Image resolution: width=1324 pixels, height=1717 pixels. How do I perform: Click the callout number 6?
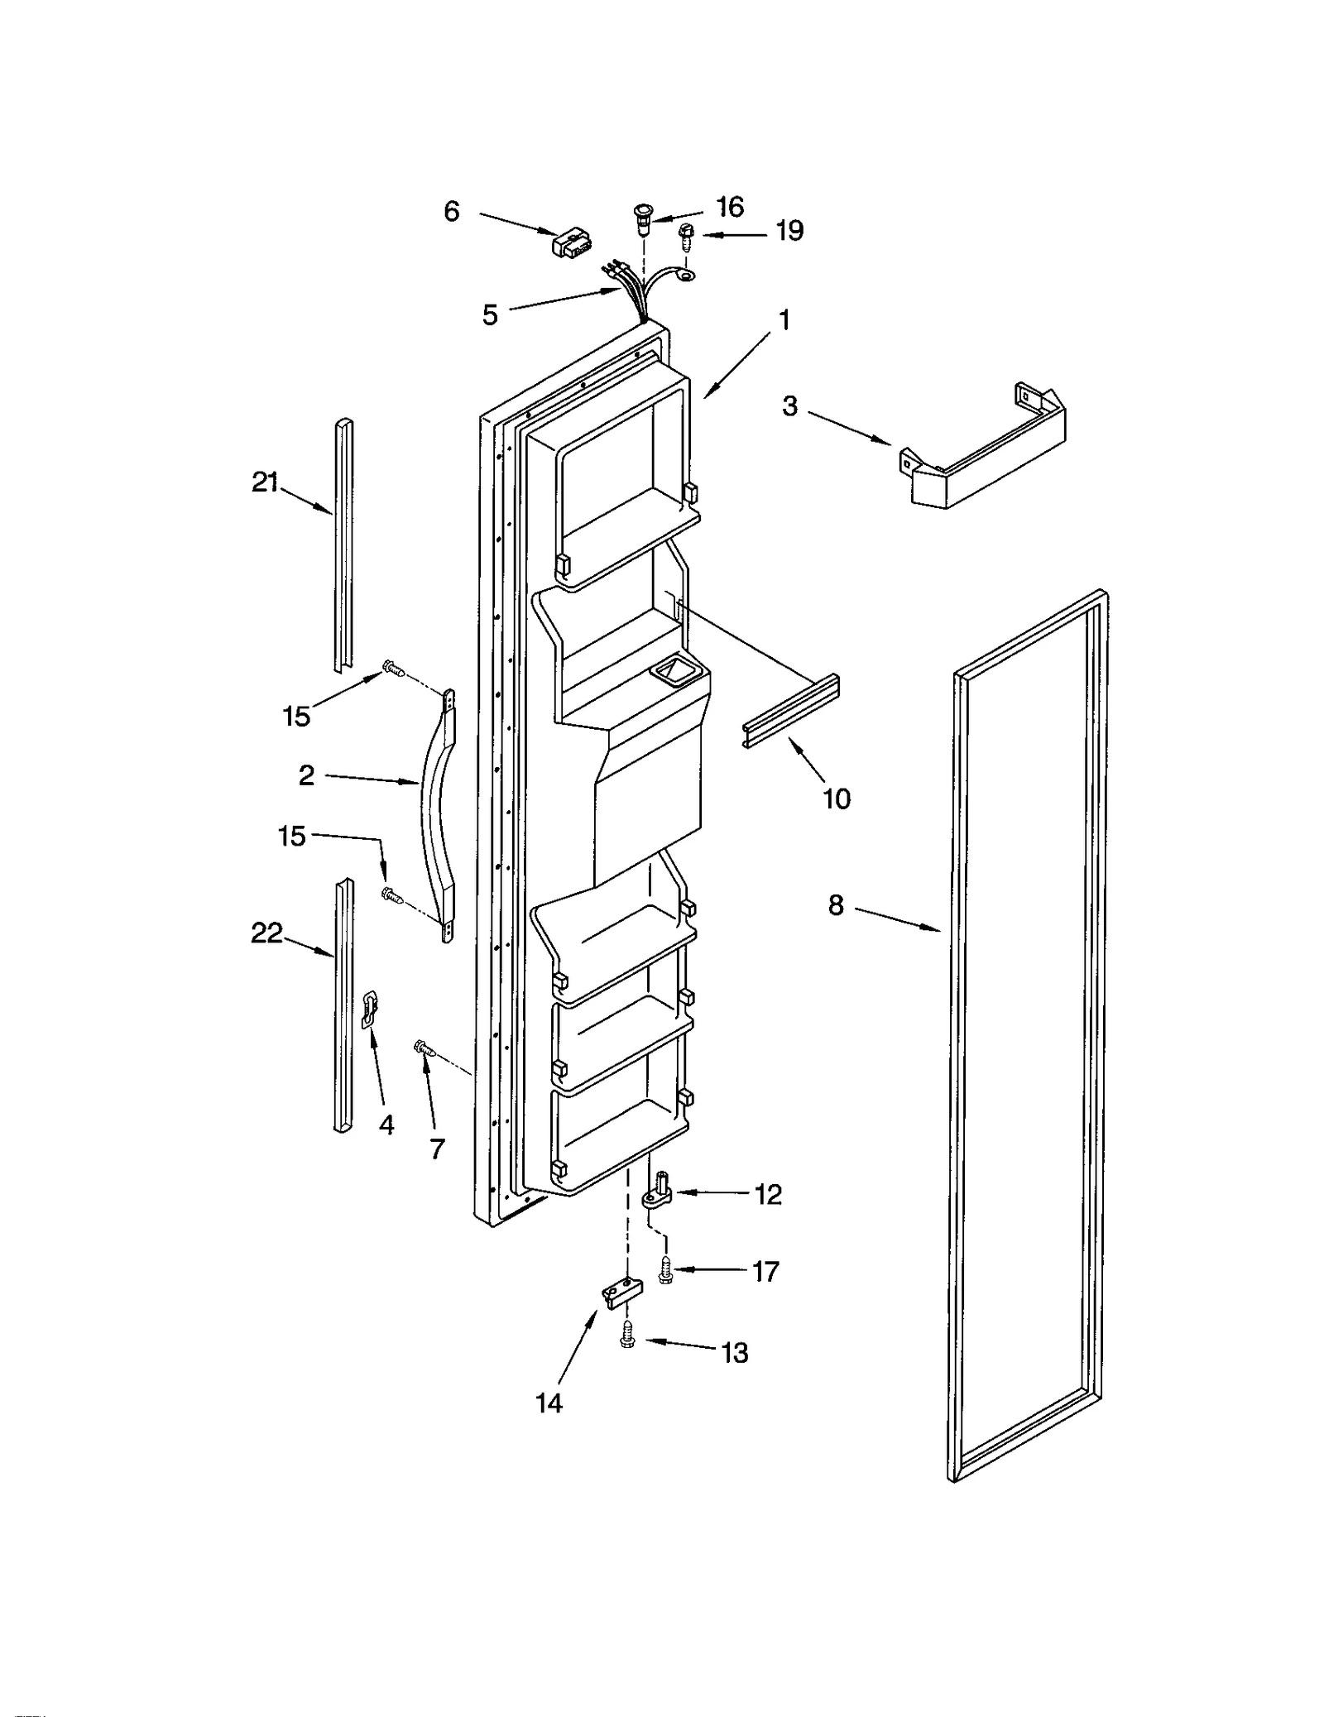pos(451,212)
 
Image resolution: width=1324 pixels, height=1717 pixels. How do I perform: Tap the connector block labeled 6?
pos(570,245)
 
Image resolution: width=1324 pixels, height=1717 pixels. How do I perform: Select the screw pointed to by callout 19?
pos(686,237)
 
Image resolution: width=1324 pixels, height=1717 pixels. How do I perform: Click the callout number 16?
pos(730,206)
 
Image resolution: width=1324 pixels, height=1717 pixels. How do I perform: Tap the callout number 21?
pos(265,482)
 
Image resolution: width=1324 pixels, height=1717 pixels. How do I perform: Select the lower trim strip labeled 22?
pos(342,1005)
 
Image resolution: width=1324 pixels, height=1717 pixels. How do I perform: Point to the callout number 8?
pos(836,905)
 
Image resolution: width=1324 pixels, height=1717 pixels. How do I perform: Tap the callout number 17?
pos(765,1271)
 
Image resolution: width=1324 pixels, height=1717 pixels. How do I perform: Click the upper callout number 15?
pos(296,716)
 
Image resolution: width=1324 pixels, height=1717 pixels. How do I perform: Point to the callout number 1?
pos(784,320)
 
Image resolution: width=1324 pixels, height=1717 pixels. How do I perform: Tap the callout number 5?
pos(490,314)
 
